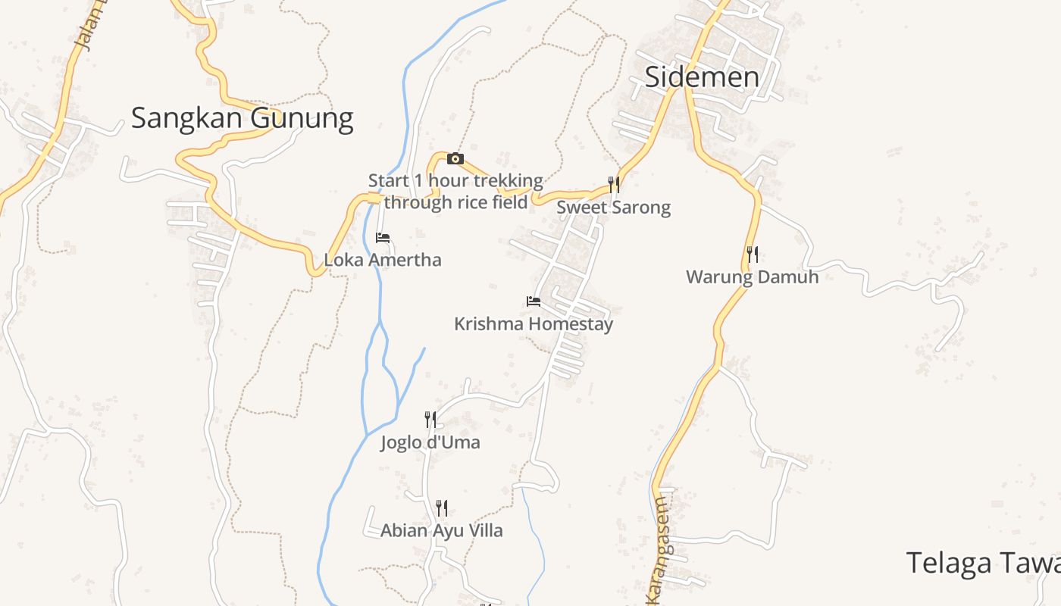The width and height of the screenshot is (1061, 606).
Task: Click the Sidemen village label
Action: [x=702, y=77]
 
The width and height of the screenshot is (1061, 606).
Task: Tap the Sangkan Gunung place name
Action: [x=242, y=118]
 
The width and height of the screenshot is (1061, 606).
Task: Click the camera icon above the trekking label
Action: [x=455, y=158]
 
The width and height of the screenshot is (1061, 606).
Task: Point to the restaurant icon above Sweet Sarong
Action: [x=614, y=184]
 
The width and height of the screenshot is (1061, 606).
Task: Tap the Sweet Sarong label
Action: [x=614, y=208]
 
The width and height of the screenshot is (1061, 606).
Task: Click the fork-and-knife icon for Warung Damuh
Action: [x=753, y=255]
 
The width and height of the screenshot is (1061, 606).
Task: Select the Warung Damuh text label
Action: [x=753, y=277]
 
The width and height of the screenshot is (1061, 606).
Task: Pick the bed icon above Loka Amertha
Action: [x=383, y=238]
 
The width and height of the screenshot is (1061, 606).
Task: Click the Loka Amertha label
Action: [x=383, y=260]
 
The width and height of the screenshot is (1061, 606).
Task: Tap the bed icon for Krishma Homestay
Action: [x=534, y=301]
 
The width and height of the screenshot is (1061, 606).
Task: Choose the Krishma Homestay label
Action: [x=534, y=324]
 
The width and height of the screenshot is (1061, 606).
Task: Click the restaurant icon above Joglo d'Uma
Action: [x=430, y=419]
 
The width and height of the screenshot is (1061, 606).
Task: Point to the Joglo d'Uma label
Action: [x=430, y=442]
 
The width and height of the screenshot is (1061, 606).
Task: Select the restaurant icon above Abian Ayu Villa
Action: [x=442, y=508]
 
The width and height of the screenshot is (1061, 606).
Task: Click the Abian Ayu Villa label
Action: [x=442, y=531]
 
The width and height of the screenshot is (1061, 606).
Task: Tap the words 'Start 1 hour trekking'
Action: [x=455, y=181]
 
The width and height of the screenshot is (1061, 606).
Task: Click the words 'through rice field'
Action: [x=455, y=202]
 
